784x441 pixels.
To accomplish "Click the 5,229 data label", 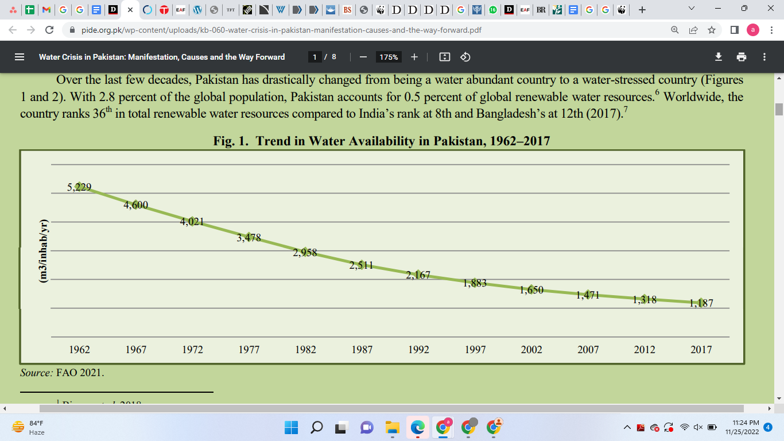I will tap(79, 187).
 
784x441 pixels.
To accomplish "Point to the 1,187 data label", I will tap(701, 303).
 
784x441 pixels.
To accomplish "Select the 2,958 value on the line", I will tap(305, 252).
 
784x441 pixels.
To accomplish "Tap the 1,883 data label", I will tap(475, 283).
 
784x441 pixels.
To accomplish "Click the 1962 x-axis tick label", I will tap(79, 349).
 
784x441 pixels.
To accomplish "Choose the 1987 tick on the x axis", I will tap(362, 349).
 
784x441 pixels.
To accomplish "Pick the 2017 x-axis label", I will tap(701, 349).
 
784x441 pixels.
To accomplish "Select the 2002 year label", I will tap(531, 349).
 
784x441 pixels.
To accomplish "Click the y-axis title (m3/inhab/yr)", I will tap(43, 250).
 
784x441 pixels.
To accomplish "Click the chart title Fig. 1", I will tap(382, 141).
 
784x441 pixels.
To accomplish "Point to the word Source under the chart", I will tap(36, 373).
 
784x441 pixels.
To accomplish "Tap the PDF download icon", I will tap(718, 57).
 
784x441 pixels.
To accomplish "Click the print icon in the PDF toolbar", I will tap(742, 57).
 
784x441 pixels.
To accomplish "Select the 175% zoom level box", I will tap(389, 57).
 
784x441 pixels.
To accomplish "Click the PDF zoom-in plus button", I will tap(414, 57).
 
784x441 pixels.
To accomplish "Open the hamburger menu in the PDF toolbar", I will tap(20, 57).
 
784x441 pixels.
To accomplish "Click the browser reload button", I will tap(49, 30).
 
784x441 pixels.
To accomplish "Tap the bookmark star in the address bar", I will tap(712, 30).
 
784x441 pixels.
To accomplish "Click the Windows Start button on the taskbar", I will tap(291, 427).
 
